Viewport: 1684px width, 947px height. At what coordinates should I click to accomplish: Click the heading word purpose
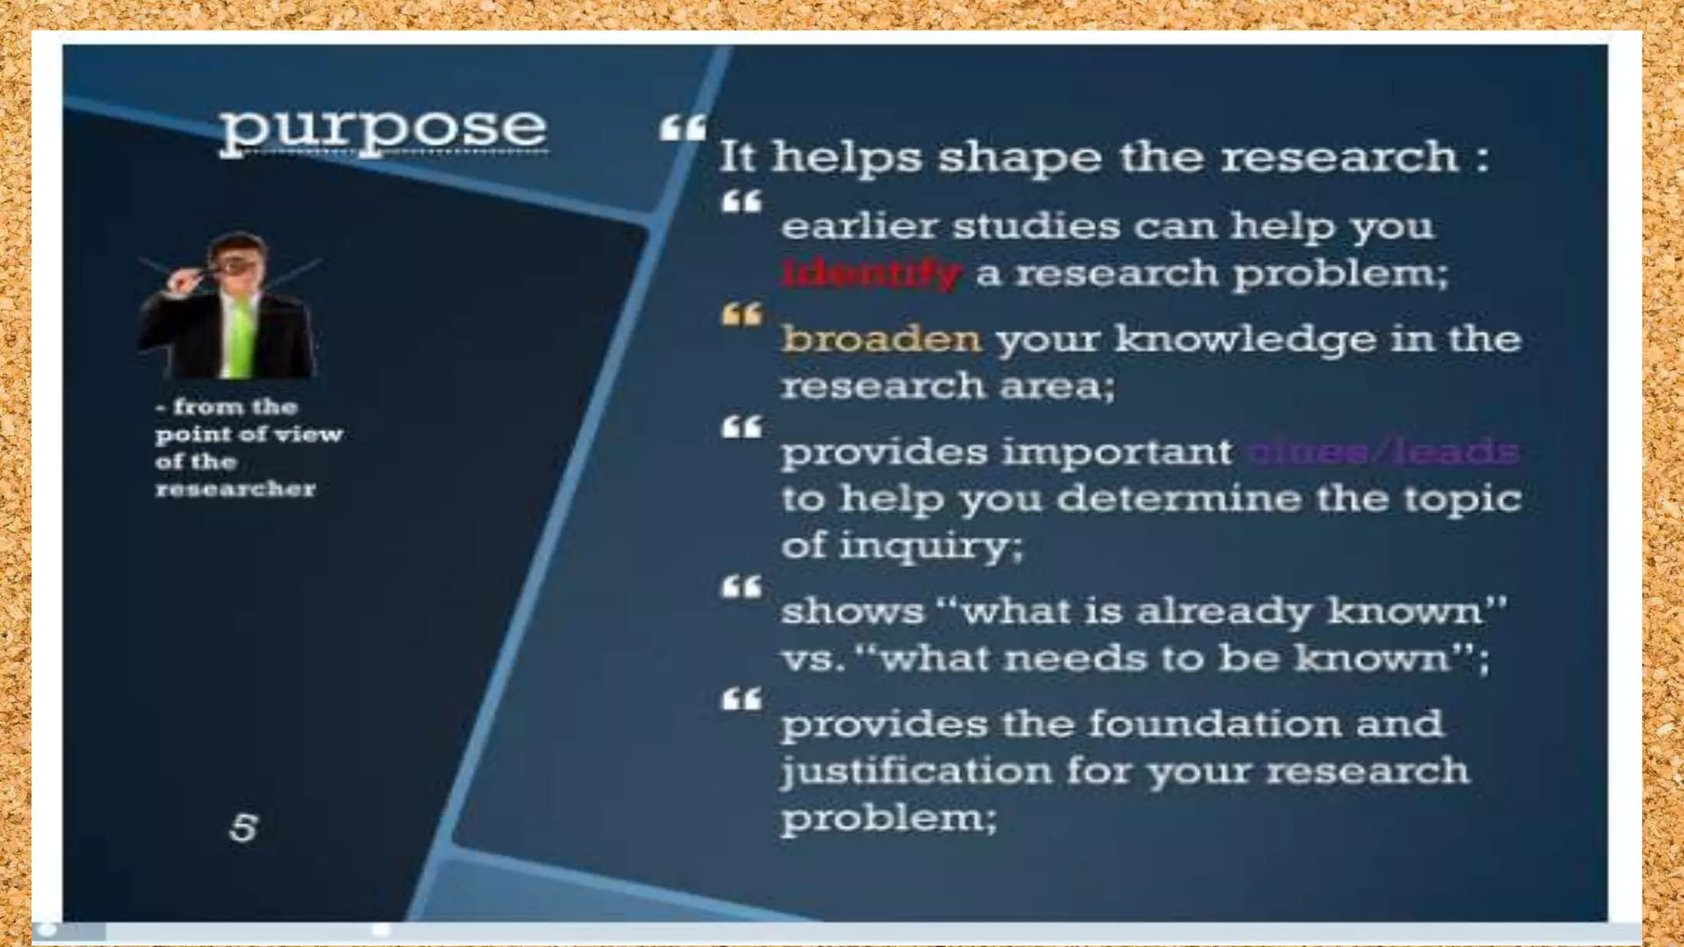click(x=383, y=129)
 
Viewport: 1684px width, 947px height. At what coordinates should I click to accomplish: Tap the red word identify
click(x=872, y=273)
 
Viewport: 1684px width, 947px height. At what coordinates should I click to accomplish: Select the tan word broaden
click(x=881, y=339)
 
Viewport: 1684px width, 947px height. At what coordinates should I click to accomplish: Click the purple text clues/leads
click(x=1382, y=451)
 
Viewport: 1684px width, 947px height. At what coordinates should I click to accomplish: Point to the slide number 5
click(x=243, y=828)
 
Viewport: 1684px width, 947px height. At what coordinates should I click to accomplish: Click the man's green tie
click(x=240, y=337)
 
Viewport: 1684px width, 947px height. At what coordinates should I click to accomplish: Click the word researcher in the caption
click(x=235, y=489)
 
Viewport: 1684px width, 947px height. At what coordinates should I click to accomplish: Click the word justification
click(x=915, y=771)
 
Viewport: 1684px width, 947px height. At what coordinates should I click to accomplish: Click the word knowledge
click(x=1245, y=339)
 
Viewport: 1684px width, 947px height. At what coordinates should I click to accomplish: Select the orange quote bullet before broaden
click(x=742, y=315)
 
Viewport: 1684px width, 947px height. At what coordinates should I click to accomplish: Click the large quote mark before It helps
click(x=682, y=128)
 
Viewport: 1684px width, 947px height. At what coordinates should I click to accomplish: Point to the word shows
click(x=852, y=612)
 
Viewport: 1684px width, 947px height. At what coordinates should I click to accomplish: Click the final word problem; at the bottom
click(x=888, y=819)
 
